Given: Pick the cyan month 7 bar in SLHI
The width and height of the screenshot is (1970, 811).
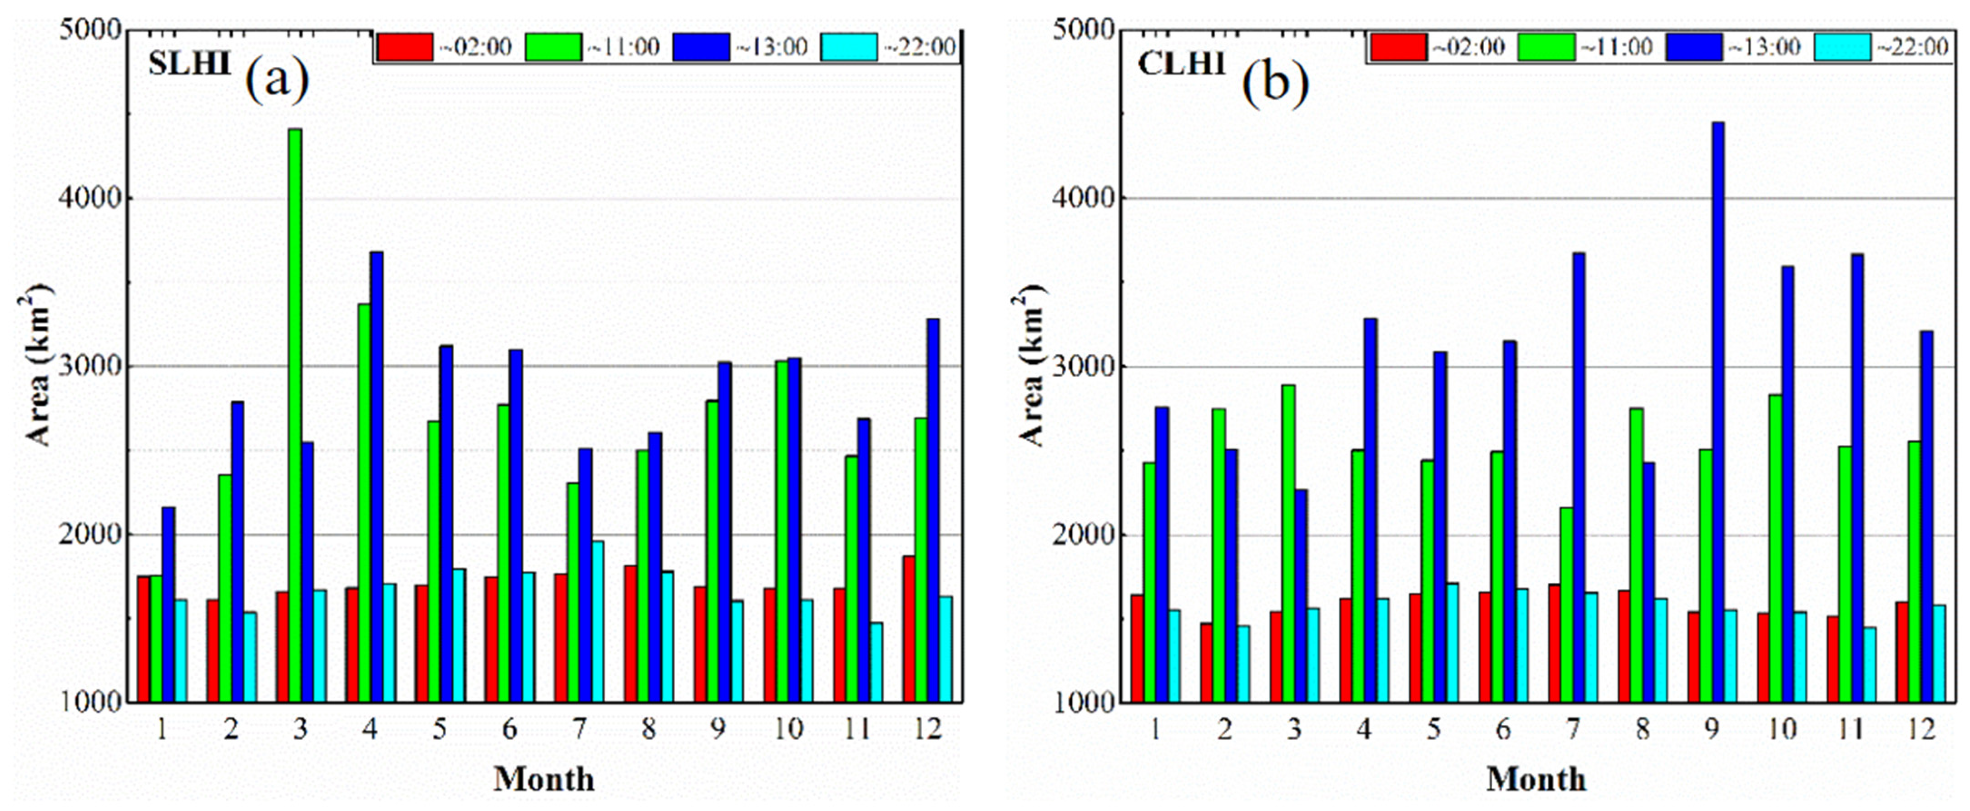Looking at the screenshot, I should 597,621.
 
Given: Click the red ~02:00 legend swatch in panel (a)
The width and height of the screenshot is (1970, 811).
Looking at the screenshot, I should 406,47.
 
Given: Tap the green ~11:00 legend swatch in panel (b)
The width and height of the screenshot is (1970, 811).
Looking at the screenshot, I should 1546,47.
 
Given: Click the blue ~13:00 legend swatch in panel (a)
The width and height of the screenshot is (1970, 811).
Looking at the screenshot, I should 701,47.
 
